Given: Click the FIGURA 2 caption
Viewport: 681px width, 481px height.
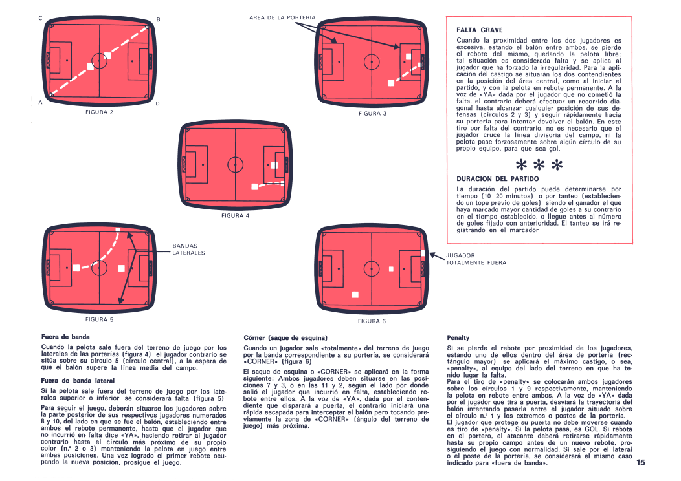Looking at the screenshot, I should pyautogui.click(x=100, y=112).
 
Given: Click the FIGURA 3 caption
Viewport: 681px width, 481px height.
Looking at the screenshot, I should pyautogui.click(x=372, y=113).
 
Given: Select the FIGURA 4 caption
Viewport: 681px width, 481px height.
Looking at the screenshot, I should pyautogui.click(x=235, y=215).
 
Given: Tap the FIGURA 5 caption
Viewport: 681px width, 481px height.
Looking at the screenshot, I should pyautogui.click(x=100, y=319).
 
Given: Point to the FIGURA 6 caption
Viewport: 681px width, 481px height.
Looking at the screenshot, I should pyautogui.click(x=372, y=321).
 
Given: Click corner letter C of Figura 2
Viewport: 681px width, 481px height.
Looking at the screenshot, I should pyautogui.click(x=40, y=19).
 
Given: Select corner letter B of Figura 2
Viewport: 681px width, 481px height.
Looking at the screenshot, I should pyautogui.click(x=158, y=19).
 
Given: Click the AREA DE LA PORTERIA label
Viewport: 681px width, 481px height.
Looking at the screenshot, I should pyautogui.click(x=282, y=17).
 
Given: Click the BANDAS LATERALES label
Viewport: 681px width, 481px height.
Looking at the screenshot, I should pyautogui.click(x=188, y=249).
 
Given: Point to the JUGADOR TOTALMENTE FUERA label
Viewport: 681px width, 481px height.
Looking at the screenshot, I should pyautogui.click(x=476, y=259).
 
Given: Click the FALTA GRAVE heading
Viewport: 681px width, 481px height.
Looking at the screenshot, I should pyautogui.click(x=479, y=30).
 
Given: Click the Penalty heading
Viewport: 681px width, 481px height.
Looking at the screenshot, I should pyautogui.click(x=458, y=338).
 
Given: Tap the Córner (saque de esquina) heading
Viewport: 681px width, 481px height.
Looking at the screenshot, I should pyautogui.click(x=285, y=338).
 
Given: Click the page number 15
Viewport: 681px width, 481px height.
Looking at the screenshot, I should pyautogui.click(x=641, y=462).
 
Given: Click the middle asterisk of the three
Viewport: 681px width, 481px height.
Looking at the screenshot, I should pyautogui.click(x=539, y=166).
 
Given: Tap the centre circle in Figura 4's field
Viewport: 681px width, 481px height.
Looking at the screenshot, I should pyautogui.click(x=235, y=164).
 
